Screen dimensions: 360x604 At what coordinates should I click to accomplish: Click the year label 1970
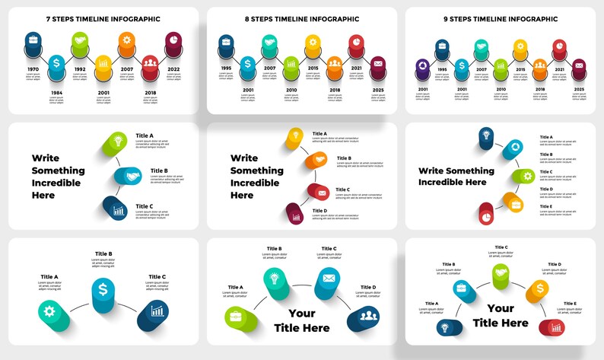32,69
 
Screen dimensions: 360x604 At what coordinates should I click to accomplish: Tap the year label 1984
56,94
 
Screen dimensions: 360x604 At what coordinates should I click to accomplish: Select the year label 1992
80,69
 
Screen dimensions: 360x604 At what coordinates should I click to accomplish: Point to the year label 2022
173,69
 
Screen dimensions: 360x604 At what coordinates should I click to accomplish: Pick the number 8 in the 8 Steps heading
246,19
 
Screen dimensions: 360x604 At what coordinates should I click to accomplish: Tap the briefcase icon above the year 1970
33,38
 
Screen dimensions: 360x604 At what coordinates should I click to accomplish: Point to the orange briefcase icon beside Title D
517,203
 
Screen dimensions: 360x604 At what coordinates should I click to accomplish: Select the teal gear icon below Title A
49,311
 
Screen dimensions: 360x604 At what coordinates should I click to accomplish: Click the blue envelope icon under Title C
329,279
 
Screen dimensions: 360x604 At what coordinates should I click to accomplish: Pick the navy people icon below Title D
367,316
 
